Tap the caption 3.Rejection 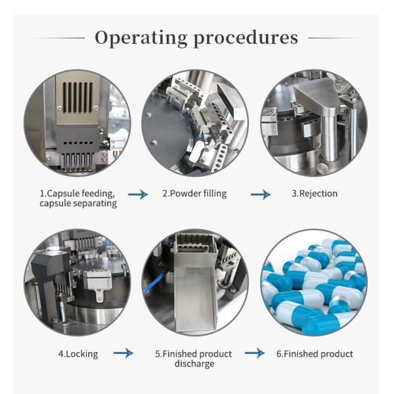pos(314,194)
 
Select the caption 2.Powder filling pos(195,194)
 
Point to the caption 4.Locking pos(77,354)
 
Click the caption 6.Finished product pos(314,354)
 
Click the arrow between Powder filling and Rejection pos(260,194)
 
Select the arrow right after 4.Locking pos(123,354)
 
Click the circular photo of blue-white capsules pos(314,282)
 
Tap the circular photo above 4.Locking pos(77,282)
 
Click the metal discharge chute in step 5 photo pos(195,295)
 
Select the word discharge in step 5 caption pos(194,364)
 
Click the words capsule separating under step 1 pos(77,204)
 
